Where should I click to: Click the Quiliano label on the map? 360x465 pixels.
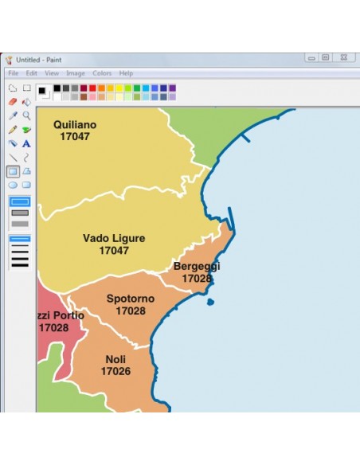[74, 124]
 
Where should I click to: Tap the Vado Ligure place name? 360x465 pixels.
[113, 238]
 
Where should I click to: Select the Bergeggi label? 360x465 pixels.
[197, 266]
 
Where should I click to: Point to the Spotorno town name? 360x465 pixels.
[131, 299]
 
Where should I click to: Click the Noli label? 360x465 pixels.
[115, 359]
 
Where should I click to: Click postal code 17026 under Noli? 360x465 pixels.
[115, 371]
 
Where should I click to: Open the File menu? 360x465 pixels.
[13, 73]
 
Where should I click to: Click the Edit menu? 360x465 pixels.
[32, 73]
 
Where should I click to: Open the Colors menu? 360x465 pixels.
[102, 73]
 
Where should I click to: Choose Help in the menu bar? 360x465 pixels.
[126, 73]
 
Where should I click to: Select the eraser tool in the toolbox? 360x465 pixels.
[13, 102]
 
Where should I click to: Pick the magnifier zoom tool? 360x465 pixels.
[26, 115]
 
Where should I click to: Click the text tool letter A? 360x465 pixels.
[26, 143]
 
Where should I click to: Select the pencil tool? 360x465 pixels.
[13, 129]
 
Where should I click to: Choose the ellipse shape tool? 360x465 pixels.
[13, 185]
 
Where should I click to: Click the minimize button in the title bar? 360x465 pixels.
[311, 58]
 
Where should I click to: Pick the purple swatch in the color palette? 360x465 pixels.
[173, 88]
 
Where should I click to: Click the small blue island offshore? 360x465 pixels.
[210, 302]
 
